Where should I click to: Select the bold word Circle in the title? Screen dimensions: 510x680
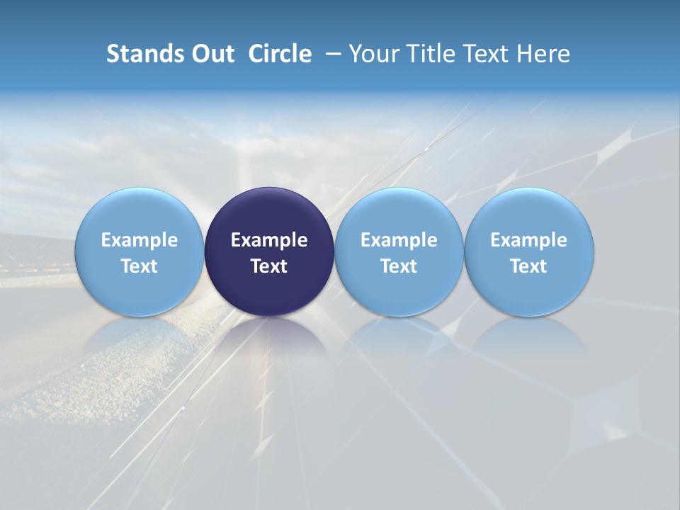click(x=280, y=54)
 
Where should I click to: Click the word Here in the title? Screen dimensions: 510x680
click(x=543, y=54)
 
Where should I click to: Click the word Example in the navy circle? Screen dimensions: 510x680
click(x=269, y=240)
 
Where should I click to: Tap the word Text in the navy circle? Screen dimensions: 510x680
click(x=269, y=266)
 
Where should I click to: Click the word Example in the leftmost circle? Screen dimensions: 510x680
click(x=140, y=240)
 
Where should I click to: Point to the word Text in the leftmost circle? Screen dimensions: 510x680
click(x=140, y=266)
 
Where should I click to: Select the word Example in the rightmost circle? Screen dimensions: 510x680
click(x=529, y=240)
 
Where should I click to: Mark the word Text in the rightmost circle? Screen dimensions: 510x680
click(x=529, y=266)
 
